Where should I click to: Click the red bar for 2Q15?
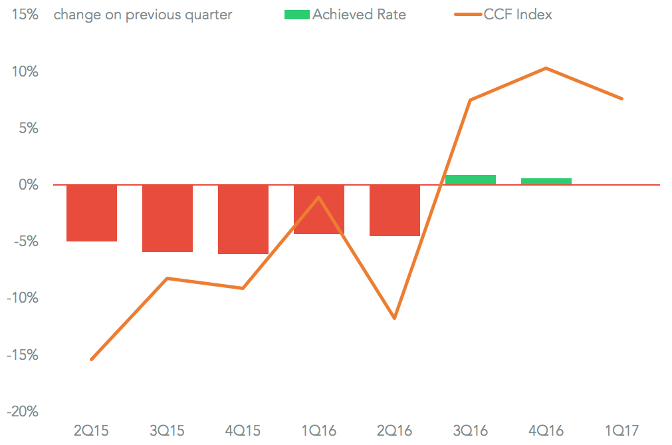[x=92, y=213]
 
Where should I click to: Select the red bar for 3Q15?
[x=168, y=218]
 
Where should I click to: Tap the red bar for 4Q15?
[x=243, y=220]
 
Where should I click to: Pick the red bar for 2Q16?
[x=395, y=210]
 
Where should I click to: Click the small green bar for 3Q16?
[x=471, y=180]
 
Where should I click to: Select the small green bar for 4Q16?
[x=546, y=181]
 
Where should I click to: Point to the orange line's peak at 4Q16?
[x=546, y=68]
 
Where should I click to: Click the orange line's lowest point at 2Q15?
[x=91, y=359]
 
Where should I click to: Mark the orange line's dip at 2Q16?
[x=395, y=318]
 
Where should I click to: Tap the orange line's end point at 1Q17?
[x=622, y=99]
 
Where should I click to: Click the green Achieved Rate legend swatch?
[x=296, y=15]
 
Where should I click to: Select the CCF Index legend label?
[x=518, y=15]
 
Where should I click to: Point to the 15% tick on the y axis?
[x=24, y=15]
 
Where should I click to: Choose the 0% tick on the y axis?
[x=28, y=185]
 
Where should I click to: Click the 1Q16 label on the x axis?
[x=318, y=431]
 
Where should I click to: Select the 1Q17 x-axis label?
[x=622, y=431]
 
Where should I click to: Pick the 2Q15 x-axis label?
[x=91, y=431]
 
